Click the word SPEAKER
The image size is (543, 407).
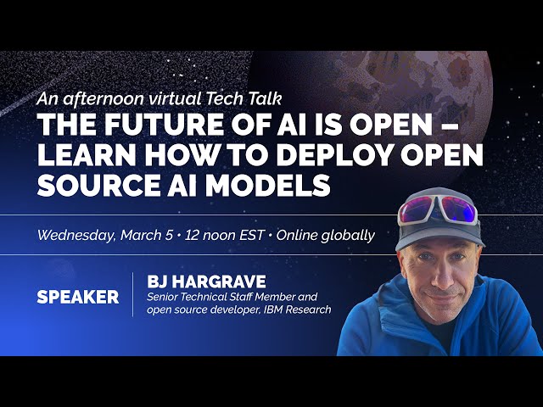coord(77,298)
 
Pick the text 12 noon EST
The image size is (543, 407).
coord(227,235)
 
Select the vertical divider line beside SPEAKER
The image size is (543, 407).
coord(133,295)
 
